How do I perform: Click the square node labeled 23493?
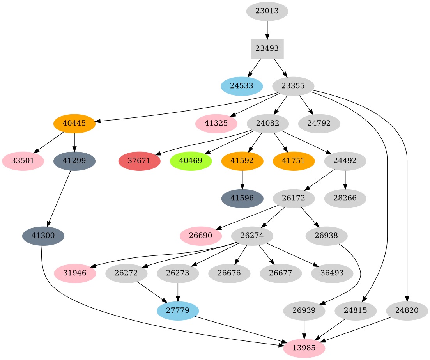(267, 49)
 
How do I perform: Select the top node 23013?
(267, 11)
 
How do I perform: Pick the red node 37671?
(139, 161)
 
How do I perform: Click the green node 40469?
(191, 161)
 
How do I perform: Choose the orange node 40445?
(74, 124)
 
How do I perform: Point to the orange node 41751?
(294, 161)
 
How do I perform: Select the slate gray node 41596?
(242, 199)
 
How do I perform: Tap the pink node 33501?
(23, 161)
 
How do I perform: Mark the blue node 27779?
(178, 311)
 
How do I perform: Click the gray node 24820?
(407, 311)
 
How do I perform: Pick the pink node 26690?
(201, 236)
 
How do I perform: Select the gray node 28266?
(345, 199)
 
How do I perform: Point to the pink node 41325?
(216, 124)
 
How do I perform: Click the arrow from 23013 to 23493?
(267, 30)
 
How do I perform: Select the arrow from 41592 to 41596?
(242, 179)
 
